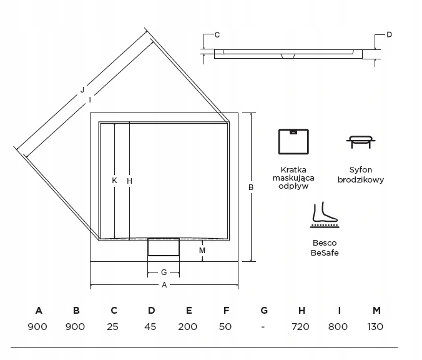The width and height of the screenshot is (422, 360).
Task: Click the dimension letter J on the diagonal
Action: pyautogui.click(x=82, y=89)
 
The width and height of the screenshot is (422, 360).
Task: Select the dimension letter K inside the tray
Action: pyautogui.click(x=115, y=181)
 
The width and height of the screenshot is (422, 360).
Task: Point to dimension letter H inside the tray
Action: pyautogui.click(x=130, y=181)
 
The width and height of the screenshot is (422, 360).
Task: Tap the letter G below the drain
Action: pyautogui.click(x=164, y=272)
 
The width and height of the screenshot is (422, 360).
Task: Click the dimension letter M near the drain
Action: pyautogui.click(x=201, y=251)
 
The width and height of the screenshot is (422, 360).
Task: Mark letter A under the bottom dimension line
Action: pyautogui.click(x=164, y=286)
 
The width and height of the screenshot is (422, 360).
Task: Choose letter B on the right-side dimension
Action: pyautogui.click(x=251, y=187)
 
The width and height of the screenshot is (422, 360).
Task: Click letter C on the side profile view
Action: pyautogui.click(x=217, y=35)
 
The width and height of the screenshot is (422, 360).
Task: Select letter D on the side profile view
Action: pyautogui.click(x=388, y=35)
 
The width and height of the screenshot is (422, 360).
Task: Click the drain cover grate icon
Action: pyautogui.click(x=294, y=141)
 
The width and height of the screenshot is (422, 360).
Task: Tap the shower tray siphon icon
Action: pyautogui.click(x=361, y=141)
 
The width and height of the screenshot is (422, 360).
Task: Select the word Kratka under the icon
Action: pyautogui.click(x=294, y=169)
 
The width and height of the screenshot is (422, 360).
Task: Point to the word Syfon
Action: pyautogui.click(x=361, y=169)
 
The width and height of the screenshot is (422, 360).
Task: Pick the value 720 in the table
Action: pyautogui.click(x=301, y=326)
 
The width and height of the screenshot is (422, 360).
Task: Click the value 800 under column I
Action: pyautogui.click(x=338, y=326)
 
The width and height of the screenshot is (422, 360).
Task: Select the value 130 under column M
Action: pyautogui.click(x=375, y=326)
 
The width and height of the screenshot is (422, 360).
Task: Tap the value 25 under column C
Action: pyautogui.click(x=114, y=326)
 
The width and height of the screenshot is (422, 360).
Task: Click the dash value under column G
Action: pyautogui.click(x=263, y=326)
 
